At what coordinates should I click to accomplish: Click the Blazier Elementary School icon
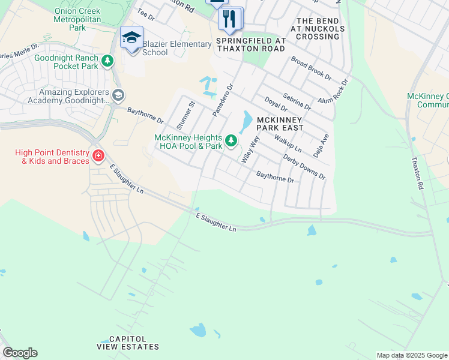point(131,38)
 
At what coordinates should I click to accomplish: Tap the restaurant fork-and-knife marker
point(229,19)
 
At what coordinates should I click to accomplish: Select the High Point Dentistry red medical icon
point(98,157)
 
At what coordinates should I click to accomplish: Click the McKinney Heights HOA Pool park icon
point(232,142)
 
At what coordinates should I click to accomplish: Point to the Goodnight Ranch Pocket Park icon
point(107,61)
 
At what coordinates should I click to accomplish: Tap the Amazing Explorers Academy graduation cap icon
point(118,94)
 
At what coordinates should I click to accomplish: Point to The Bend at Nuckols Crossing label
point(318,28)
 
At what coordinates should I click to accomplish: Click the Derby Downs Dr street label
point(304,168)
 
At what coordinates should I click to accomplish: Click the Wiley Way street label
point(250,150)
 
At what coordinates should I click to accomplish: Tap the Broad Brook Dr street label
point(311,68)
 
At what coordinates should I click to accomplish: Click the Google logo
point(20,353)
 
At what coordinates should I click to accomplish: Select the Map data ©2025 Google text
point(411,355)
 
